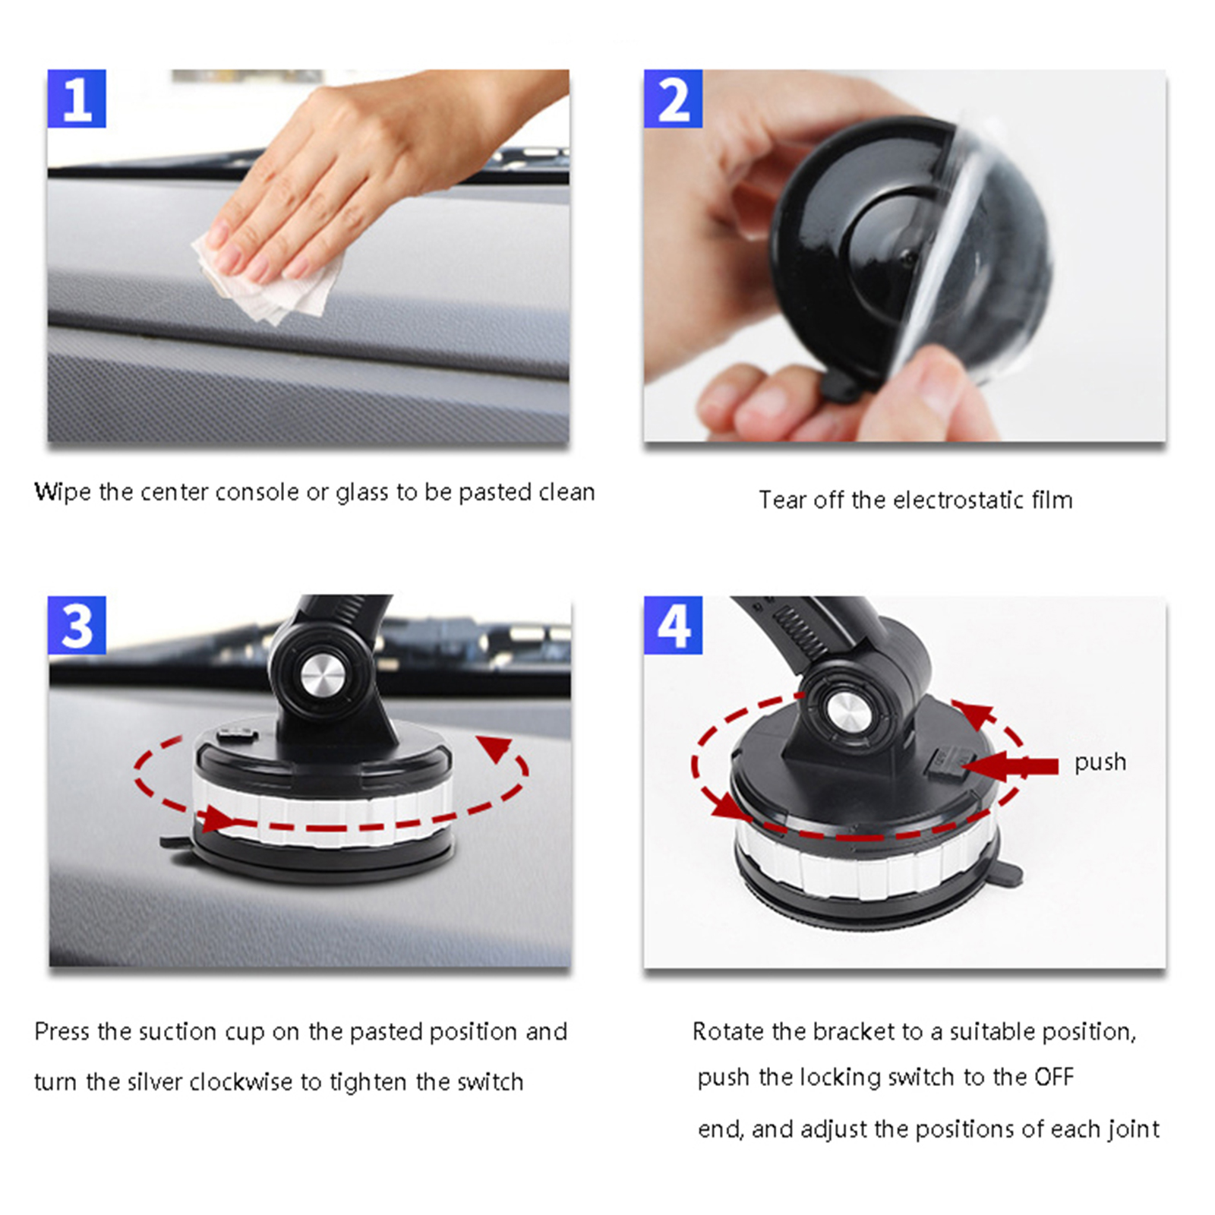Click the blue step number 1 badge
tap(77, 99)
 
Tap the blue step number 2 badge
tap(673, 99)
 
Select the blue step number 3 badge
tap(77, 625)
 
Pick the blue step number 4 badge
tap(673, 625)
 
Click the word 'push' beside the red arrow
tap(1100, 762)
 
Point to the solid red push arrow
tap(1010, 767)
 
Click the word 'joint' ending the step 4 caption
tap(1133, 1130)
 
